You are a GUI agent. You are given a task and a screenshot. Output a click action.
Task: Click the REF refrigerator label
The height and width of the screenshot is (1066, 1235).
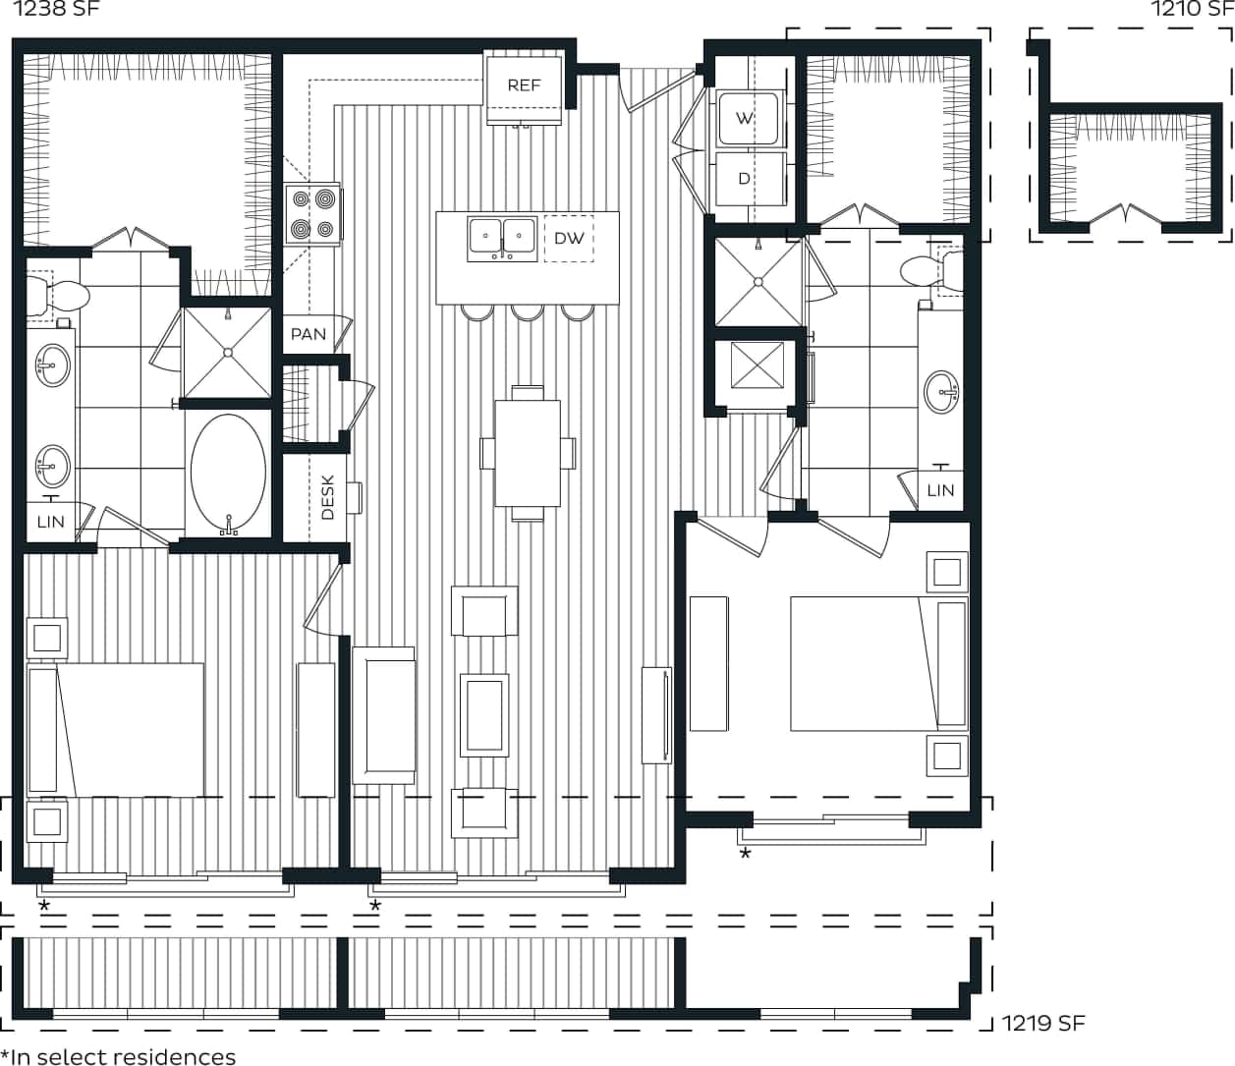524,85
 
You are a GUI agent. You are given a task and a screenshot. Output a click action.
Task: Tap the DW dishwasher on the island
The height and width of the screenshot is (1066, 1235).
569,238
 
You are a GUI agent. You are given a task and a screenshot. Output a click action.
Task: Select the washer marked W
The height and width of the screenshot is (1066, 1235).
746,118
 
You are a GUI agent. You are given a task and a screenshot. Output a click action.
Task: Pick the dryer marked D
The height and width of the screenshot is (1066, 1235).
745,178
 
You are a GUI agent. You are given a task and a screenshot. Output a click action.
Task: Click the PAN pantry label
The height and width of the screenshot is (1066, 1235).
308,334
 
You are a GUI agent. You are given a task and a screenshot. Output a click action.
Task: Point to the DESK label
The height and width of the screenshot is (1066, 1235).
327,497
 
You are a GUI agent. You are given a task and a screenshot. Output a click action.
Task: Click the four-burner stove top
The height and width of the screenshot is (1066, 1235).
312,215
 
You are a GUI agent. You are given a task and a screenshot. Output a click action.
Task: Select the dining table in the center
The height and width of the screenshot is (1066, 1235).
528,452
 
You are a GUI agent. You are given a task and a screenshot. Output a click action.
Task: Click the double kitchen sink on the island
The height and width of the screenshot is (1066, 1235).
502,239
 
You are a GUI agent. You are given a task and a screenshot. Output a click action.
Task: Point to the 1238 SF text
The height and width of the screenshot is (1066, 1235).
56,10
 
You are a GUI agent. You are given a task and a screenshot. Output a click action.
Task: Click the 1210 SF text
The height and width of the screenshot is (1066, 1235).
1191,10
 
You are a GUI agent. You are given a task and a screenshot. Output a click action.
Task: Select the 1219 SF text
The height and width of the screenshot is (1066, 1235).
1043,1023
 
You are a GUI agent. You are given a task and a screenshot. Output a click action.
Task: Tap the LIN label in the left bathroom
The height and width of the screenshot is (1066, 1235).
50,522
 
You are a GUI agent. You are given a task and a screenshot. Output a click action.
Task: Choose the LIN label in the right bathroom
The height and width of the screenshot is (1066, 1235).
940,490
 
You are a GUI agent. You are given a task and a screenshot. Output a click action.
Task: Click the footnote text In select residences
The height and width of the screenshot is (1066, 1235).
118,1056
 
